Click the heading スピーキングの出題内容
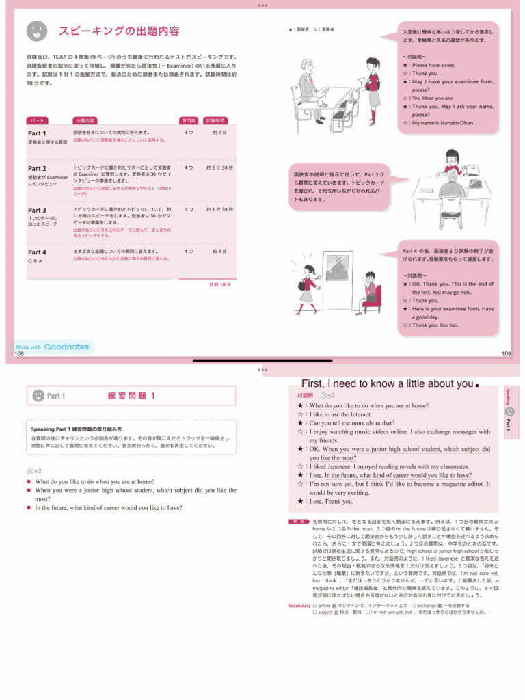point(119,31)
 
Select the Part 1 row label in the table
point(37,133)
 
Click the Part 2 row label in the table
point(37,168)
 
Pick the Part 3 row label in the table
point(37,210)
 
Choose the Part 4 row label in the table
point(37,252)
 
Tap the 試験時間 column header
point(215,119)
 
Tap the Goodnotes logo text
point(66,347)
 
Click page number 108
point(18,354)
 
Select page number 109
point(506,354)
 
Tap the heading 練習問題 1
point(132,395)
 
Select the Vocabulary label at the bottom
point(299,606)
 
